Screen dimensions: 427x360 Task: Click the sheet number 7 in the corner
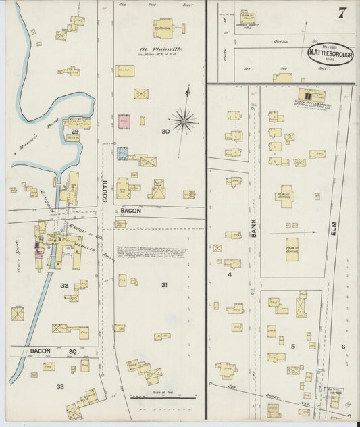pyautogui.click(x=342, y=12)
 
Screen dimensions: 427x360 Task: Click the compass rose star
pyautogui.click(x=183, y=122)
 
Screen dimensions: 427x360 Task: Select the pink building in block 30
pyautogui.click(x=124, y=122)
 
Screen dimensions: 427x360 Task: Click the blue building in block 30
pyautogui.click(x=122, y=153)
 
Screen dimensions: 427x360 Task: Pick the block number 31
pyautogui.click(x=163, y=286)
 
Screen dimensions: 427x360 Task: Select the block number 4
pyautogui.click(x=230, y=275)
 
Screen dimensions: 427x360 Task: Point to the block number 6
pyautogui.click(x=342, y=347)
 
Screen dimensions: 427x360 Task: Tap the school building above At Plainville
pyautogui.click(x=163, y=28)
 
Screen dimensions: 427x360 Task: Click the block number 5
pyautogui.click(x=292, y=346)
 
